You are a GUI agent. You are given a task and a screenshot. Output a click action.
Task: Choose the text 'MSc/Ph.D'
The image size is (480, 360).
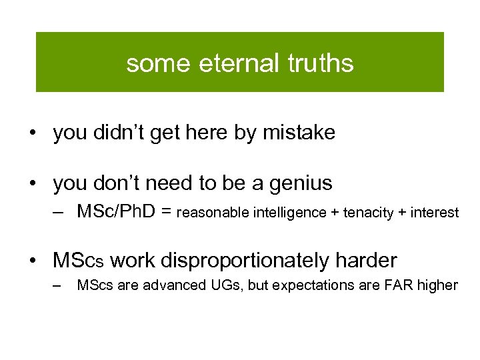coord(117,212)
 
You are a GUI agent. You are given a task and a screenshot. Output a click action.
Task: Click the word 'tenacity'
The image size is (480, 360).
coord(365,213)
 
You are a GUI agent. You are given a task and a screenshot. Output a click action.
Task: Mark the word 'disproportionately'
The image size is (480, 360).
coord(251,261)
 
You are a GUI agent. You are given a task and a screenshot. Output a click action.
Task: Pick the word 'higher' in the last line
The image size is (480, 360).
coord(437,285)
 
